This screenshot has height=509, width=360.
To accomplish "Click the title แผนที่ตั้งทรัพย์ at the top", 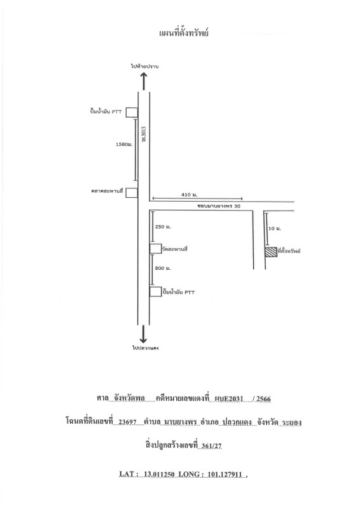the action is [x=184, y=33].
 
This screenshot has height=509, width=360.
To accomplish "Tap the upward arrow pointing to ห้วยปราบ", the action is [x=144, y=81].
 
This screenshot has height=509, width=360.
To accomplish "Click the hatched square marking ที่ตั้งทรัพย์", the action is [x=271, y=252].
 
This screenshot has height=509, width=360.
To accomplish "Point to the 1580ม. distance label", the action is [x=124, y=144].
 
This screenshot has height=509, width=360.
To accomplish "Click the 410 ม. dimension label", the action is [x=190, y=195].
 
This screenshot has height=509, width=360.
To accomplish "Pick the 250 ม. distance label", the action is [x=163, y=227].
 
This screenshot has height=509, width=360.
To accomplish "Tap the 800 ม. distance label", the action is [x=163, y=268].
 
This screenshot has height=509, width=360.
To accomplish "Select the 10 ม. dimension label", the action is [x=275, y=228].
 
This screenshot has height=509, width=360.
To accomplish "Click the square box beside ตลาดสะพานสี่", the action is [x=132, y=193].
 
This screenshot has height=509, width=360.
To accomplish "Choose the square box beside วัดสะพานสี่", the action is [x=155, y=248].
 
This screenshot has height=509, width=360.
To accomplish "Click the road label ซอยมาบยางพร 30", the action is [x=219, y=206].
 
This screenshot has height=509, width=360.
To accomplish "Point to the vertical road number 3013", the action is [x=144, y=134].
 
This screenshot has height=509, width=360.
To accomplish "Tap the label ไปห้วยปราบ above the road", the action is [x=144, y=66].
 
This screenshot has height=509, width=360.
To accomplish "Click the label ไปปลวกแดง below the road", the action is [x=145, y=348].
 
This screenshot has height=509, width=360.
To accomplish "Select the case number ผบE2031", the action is [x=229, y=399].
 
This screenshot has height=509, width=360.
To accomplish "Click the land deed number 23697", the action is [x=127, y=422].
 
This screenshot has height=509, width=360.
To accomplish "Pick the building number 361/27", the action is [x=211, y=446].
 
